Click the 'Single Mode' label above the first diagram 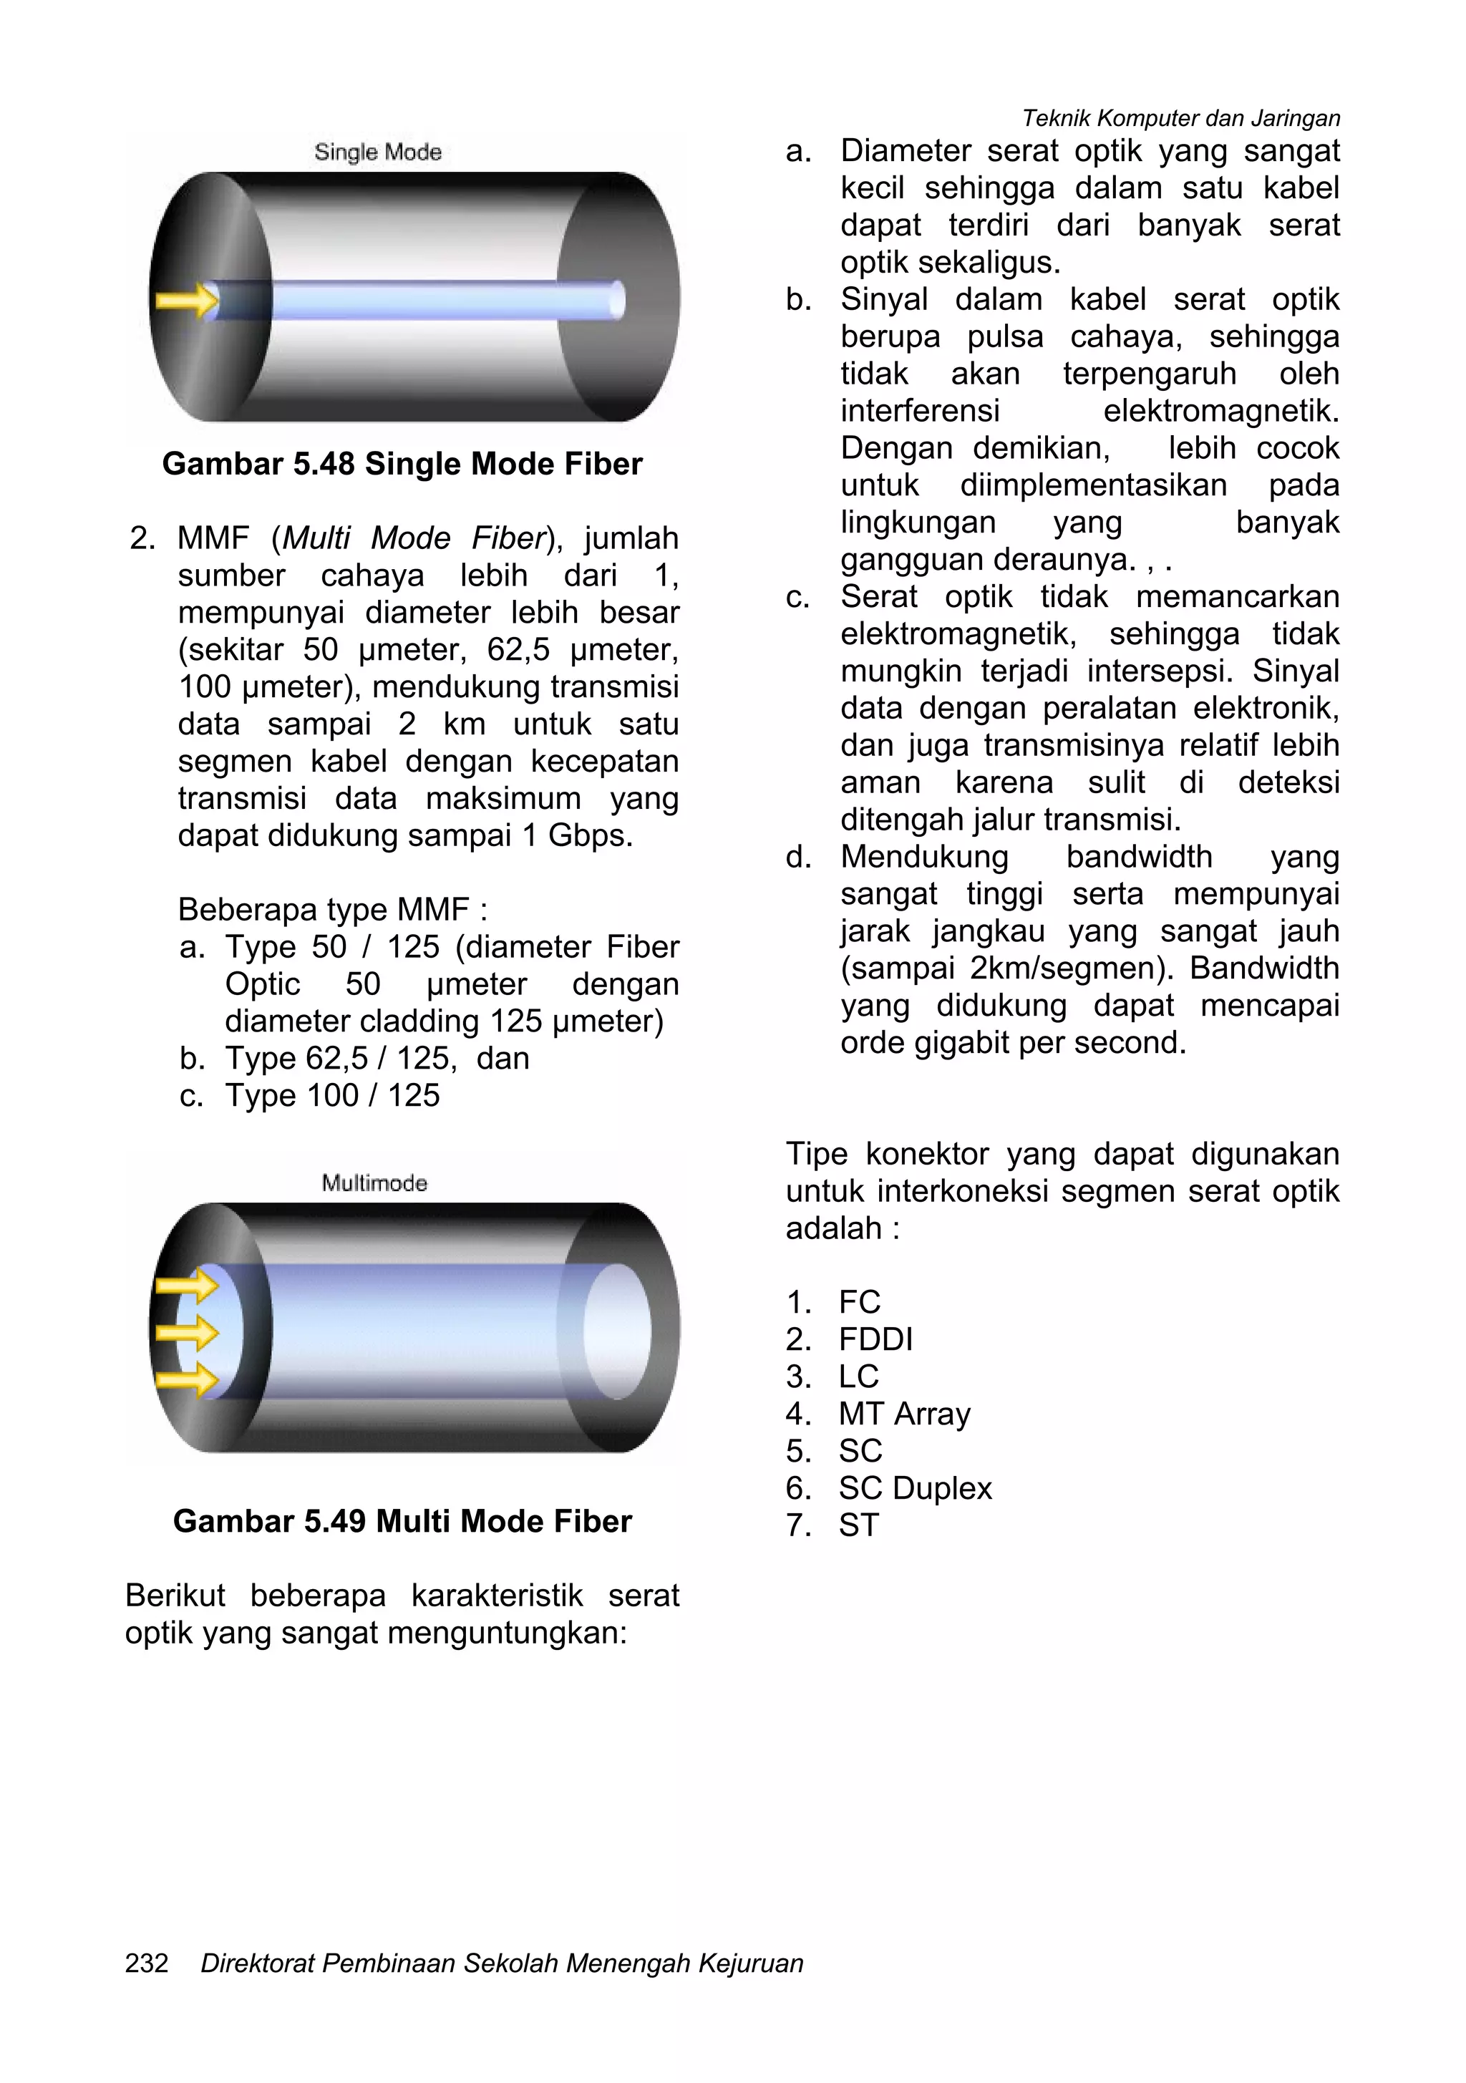pos(377,152)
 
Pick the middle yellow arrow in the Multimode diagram pos(187,1333)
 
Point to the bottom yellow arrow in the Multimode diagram pos(187,1380)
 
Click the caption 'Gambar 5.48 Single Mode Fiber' pos(402,464)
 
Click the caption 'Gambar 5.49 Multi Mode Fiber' pos(402,1520)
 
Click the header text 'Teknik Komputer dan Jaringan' pos(1180,118)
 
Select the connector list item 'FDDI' pos(875,1339)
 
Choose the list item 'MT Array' pos(905,1414)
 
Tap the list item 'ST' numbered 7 pos(858,1525)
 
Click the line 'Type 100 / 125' pos(332,1095)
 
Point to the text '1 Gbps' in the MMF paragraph pos(575,835)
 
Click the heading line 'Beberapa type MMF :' pos(332,909)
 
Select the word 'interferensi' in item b pos(919,411)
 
